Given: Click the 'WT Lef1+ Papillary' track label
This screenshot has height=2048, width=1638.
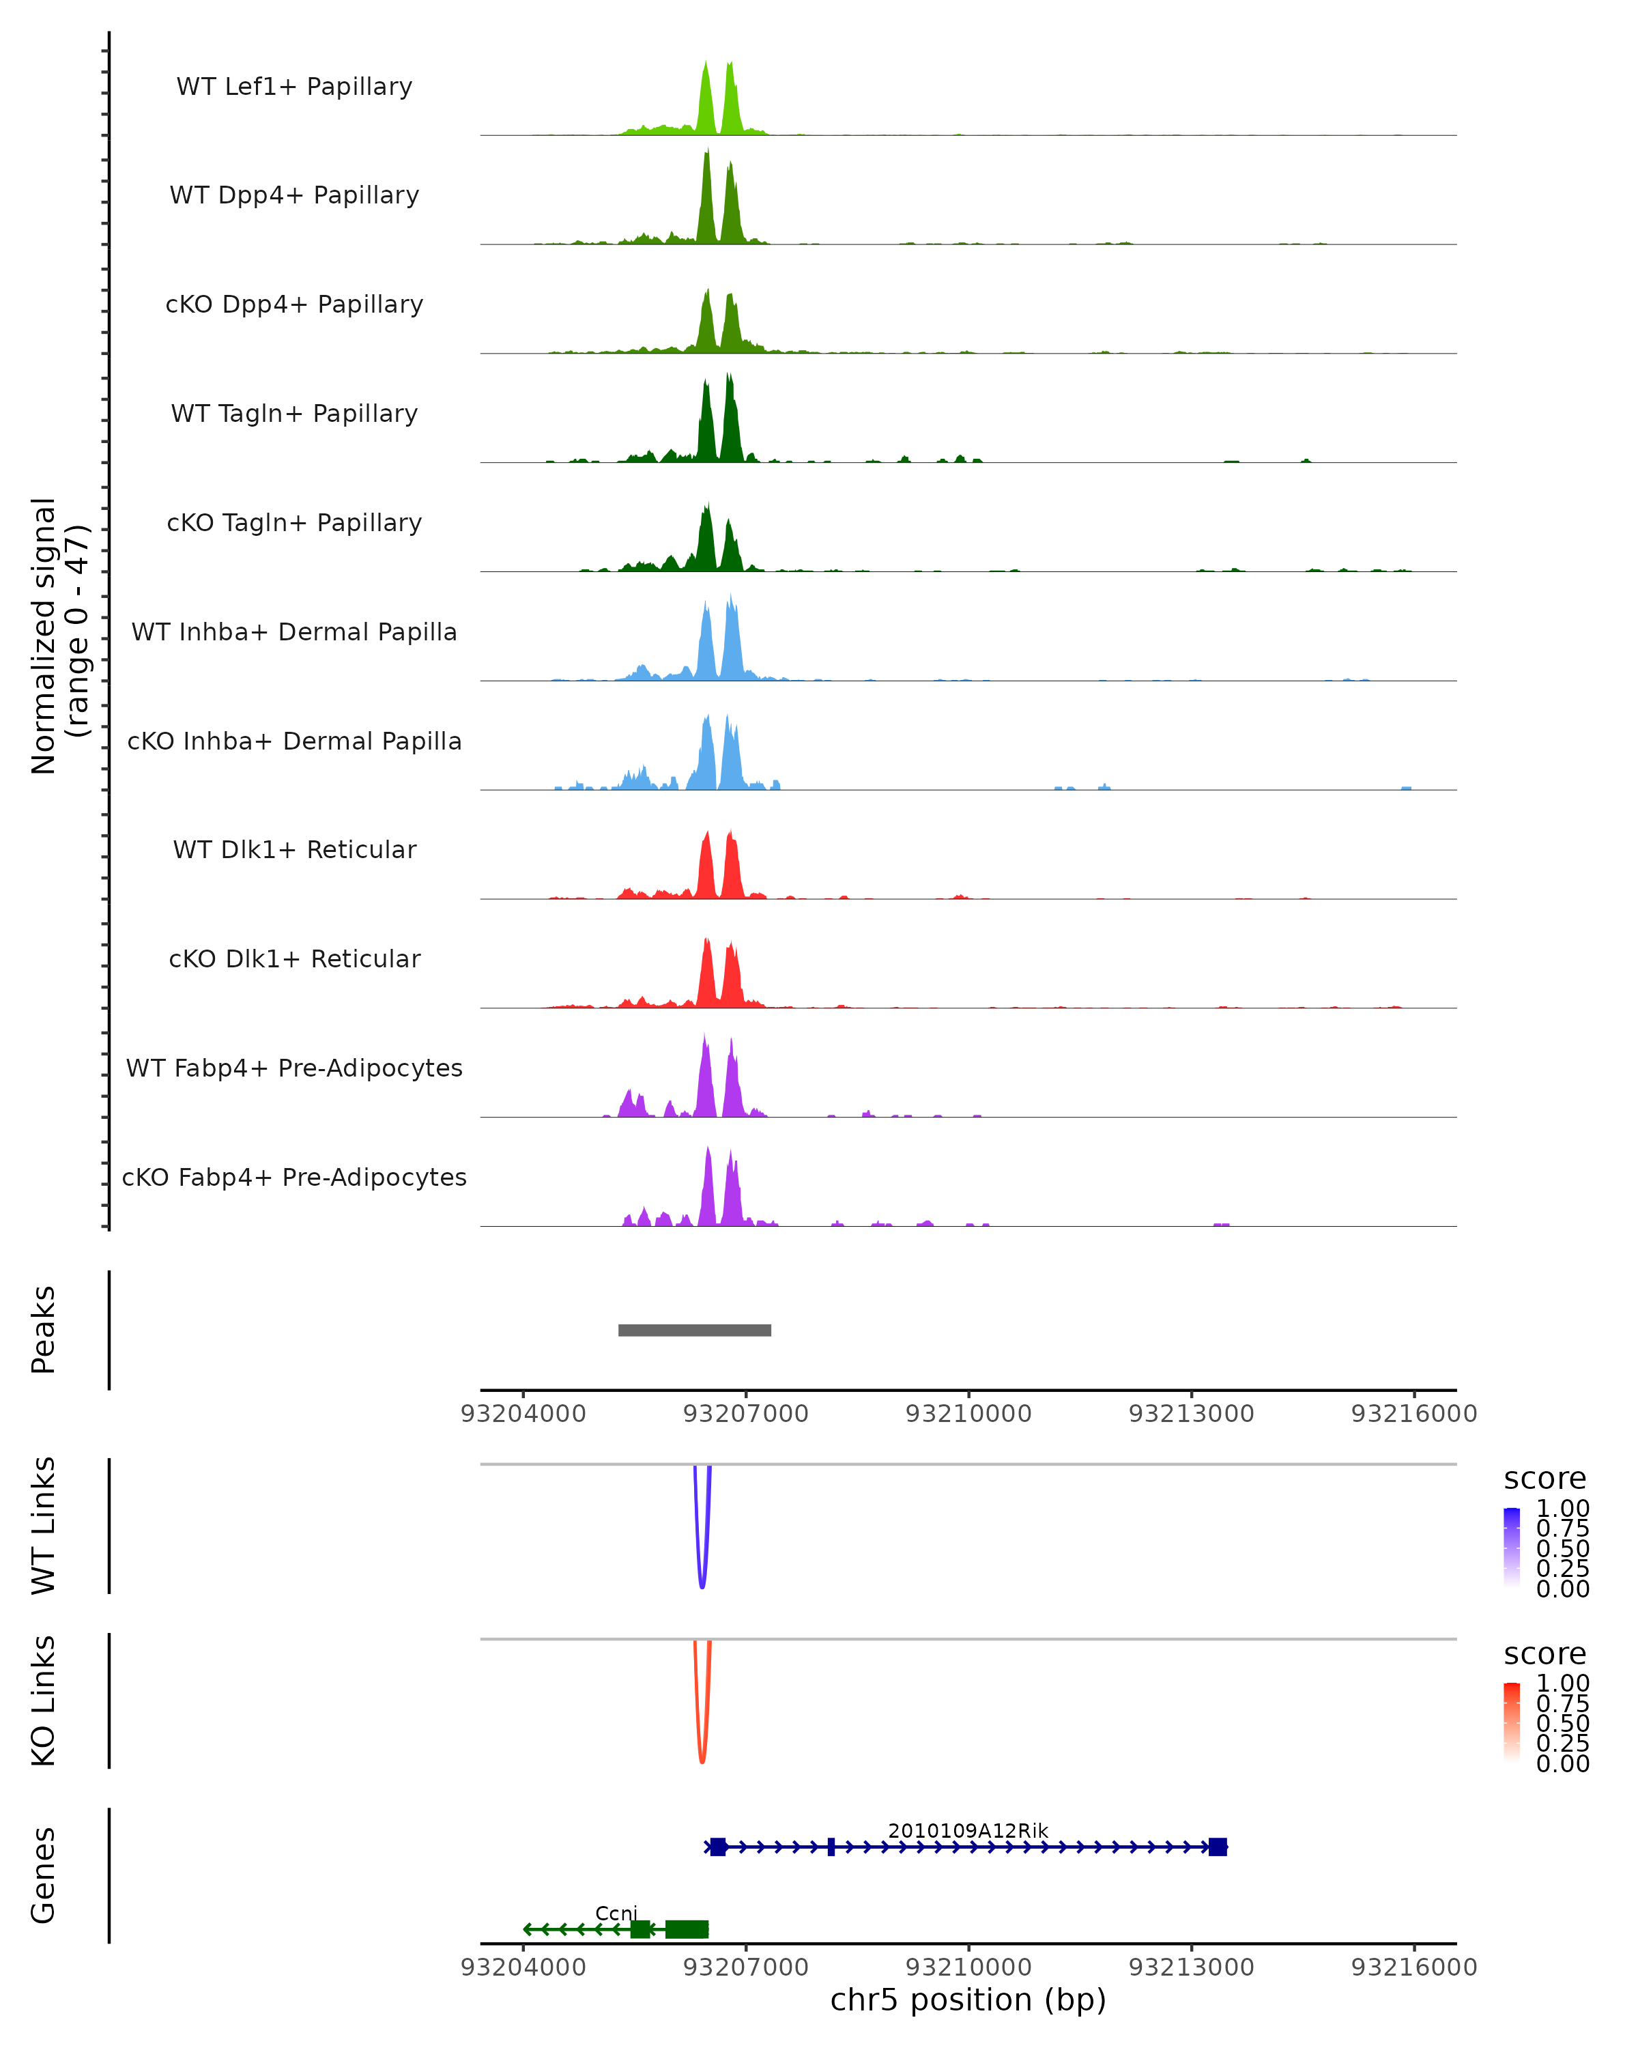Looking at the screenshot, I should tap(294, 87).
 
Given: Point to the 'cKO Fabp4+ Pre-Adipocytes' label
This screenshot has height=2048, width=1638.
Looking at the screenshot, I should tap(294, 1177).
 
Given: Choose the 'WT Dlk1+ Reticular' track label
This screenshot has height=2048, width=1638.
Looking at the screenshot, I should tap(294, 849).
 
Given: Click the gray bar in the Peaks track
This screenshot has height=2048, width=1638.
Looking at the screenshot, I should tap(694, 1330).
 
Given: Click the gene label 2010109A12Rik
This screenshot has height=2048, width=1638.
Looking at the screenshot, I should tap(968, 1830).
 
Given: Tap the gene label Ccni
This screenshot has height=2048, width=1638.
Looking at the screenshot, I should tap(616, 1912).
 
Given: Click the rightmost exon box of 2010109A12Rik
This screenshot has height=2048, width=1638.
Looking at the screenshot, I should tap(1218, 1847).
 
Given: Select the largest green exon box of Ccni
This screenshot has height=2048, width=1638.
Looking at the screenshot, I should tap(687, 1929).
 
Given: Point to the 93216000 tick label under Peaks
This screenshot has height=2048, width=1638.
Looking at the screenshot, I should tap(1414, 1414).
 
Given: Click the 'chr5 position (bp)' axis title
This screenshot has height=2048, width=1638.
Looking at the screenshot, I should tap(968, 2000).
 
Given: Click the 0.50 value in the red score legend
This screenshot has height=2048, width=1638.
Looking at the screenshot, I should tap(1562, 1723).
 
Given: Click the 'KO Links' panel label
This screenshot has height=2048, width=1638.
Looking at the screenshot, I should tap(44, 1701).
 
